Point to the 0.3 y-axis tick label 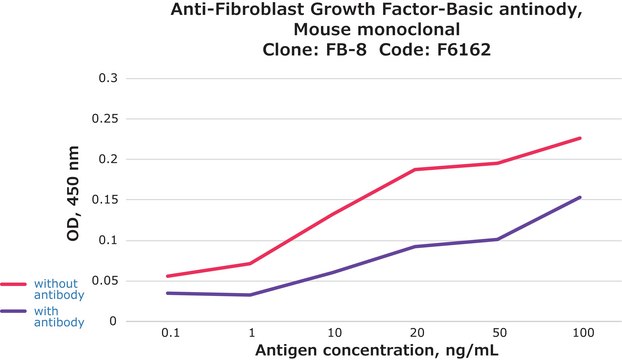click(x=133, y=78)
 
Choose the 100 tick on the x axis click(x=580, y=330)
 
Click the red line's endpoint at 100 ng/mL click(x=580, y=138)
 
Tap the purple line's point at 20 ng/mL click(x=415, y=246)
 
